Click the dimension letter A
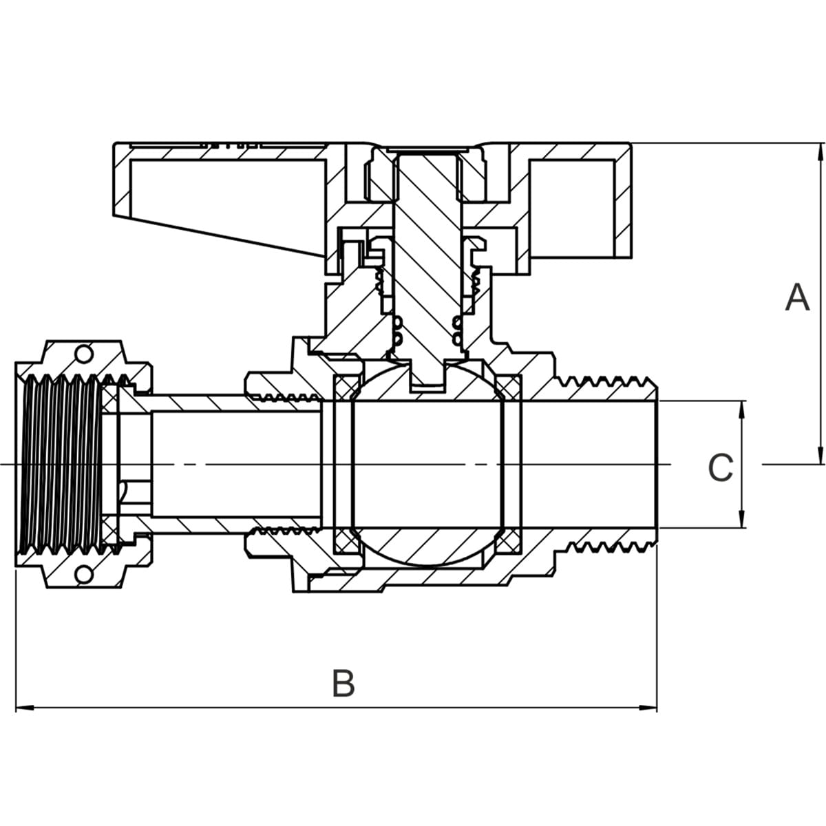click(x=797, y=297)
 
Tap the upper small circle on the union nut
click(x=83, y=354)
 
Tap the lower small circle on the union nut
click(x=83, y=575)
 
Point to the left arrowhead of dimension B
click(x=24, y=708)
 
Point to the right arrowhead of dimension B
click(x=648, y=708)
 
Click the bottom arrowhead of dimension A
click(x=821, y=454)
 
